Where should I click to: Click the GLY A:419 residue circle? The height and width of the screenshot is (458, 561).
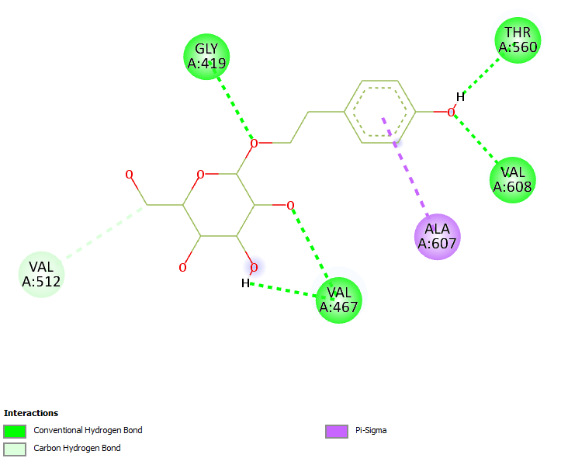point(206,56)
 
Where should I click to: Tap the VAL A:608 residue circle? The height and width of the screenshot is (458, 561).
point(513,179)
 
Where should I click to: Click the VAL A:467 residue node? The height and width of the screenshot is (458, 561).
point(339,300)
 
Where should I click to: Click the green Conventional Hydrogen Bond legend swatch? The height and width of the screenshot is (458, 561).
point(15,431)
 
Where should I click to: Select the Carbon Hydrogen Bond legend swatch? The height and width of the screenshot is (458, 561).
point(15,449)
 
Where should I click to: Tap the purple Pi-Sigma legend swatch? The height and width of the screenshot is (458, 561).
point(336,431)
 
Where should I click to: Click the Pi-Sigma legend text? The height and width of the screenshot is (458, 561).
point(371,430)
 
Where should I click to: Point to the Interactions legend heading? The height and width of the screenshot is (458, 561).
point(31,413)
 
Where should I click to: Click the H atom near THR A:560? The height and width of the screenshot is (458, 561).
point(460,97)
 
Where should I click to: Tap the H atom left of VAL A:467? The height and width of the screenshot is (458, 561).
point(245,283)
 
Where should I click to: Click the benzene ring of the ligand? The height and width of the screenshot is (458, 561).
point(379,112)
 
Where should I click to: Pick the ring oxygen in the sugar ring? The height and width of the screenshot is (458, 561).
point(200,175)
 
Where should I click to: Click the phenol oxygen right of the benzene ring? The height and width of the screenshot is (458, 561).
point(450,113)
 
